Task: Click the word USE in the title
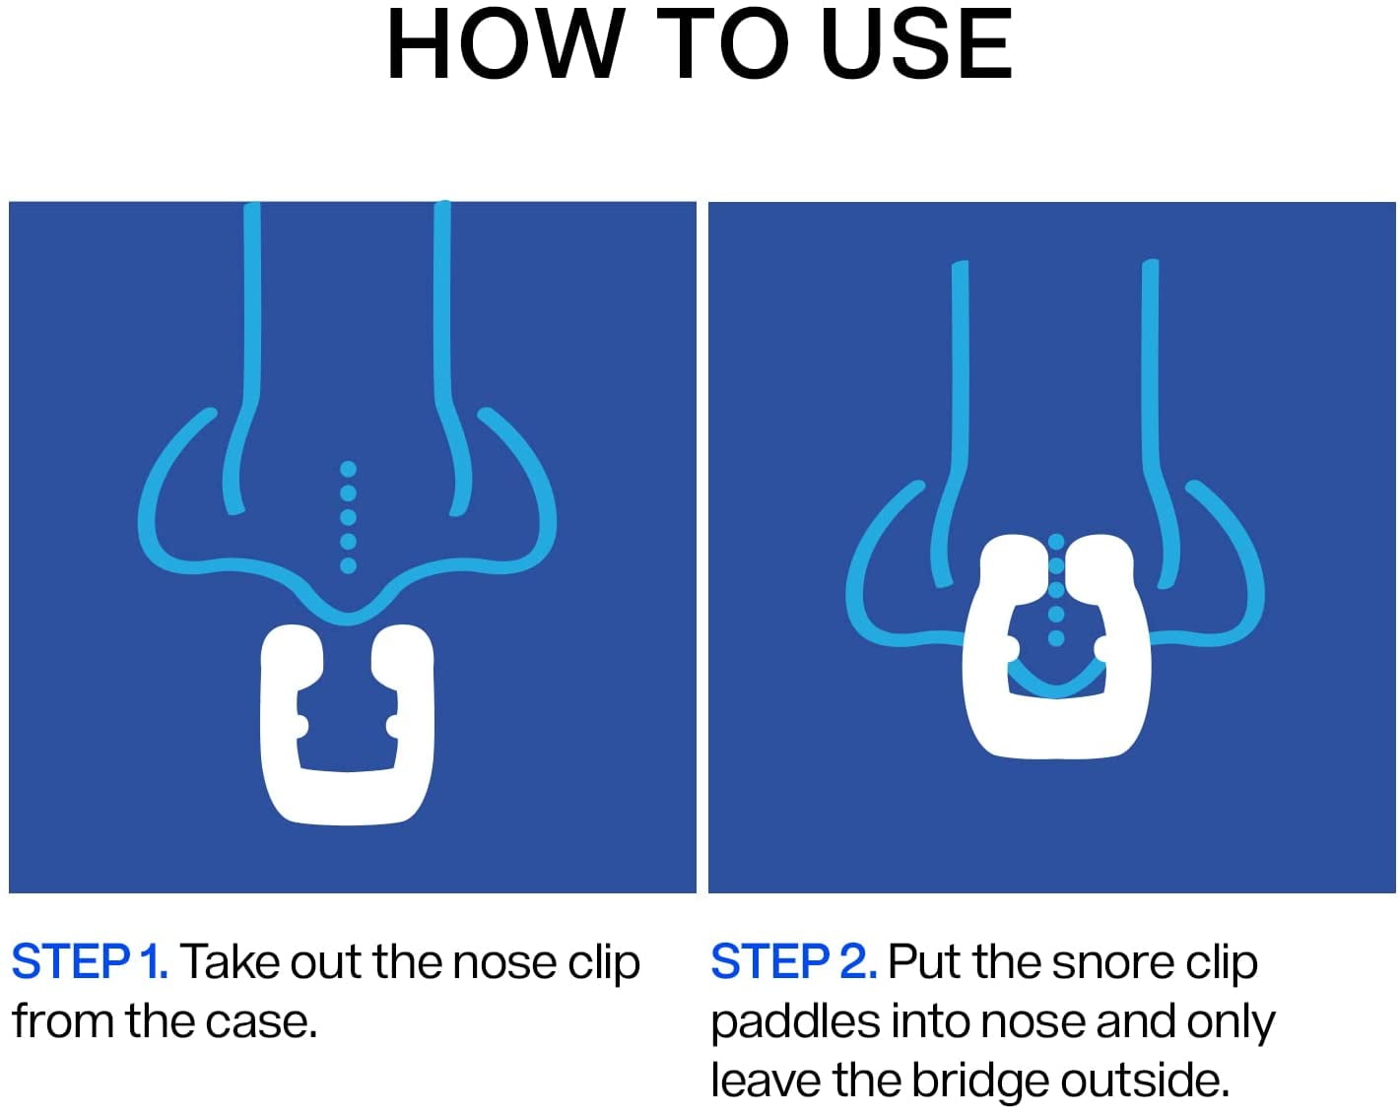point(916,44)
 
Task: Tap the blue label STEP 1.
point(90,962)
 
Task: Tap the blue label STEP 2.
point(794,962)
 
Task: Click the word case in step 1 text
point(261,1022)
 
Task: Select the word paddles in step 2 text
point(796,1022)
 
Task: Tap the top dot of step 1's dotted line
point(348,469)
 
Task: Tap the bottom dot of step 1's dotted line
point(348,565)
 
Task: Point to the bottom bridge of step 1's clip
point(348,799)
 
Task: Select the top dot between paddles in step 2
point(1056,541)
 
